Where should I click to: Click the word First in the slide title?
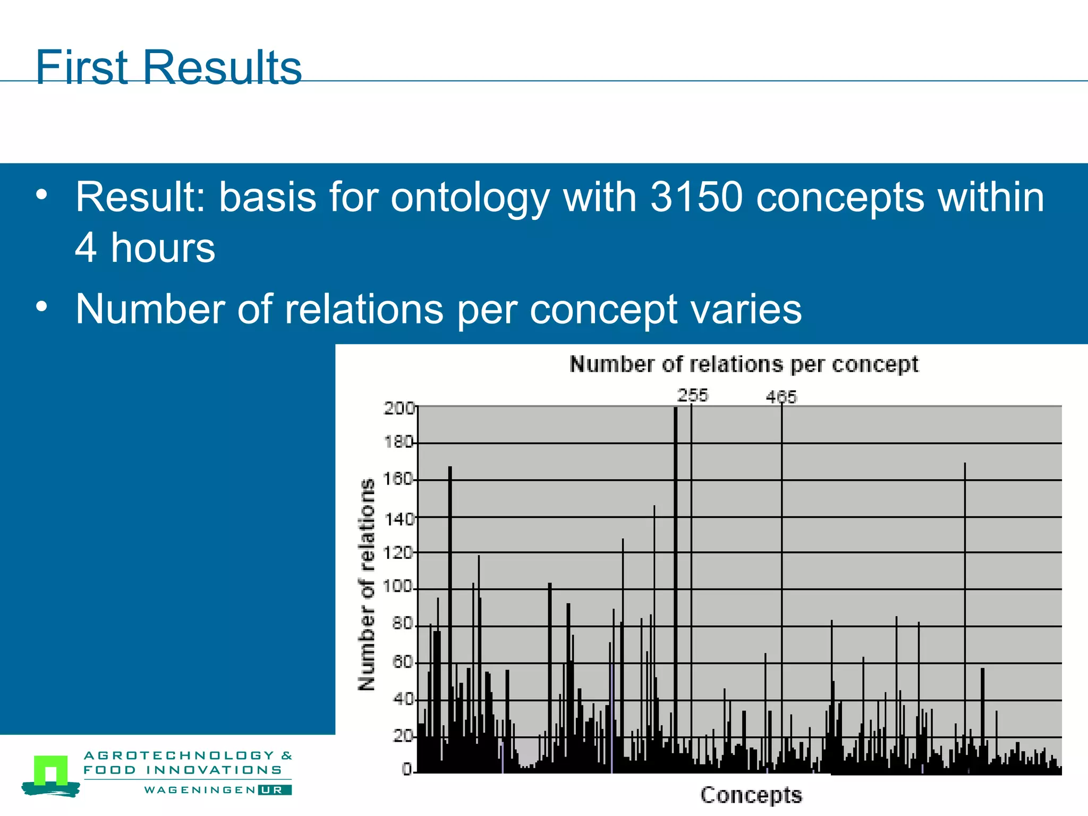(x=81, y=67)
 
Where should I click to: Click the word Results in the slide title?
(x=222, y=67)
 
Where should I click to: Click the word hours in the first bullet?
(x=163, y=248)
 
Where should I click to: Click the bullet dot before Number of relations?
(x=42, y=307)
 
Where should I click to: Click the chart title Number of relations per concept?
(x=743, y=364)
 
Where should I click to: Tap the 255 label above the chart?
(x=692, y=395)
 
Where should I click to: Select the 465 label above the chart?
(x=781, y=397)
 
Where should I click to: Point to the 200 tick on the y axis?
(x=398, y=408)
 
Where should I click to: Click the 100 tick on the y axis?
(x=397, y=587)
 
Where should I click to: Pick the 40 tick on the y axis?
(x=403, y=699)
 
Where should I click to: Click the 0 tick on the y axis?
(x=407, y=769)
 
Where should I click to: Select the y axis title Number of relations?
(x=367, y=584)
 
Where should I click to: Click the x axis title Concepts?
(x=751, y=795)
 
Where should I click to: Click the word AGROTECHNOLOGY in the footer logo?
(x=179, y=755)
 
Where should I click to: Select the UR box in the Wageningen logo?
(x=275, y=790)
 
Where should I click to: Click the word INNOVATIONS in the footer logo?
(x=214, y=770)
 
